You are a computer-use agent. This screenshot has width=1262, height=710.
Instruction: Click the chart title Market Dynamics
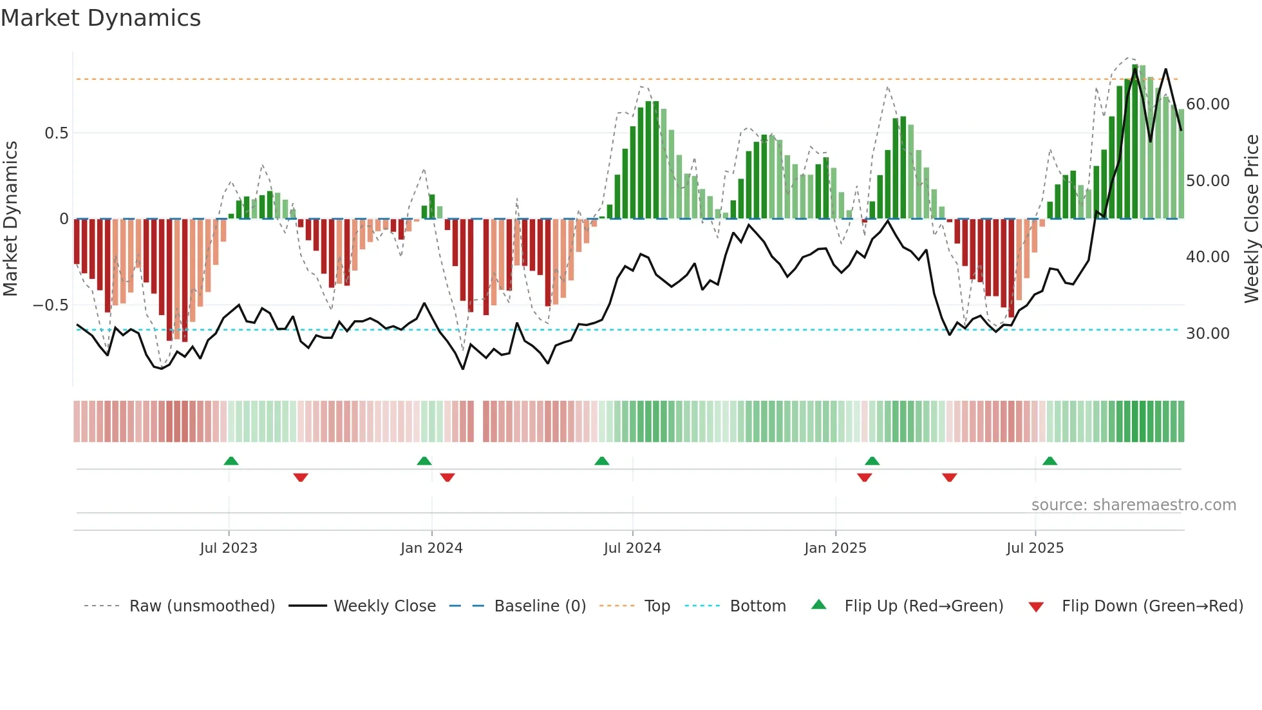click(100, 18)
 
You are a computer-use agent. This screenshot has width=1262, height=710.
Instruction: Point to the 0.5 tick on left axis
click(56, 133)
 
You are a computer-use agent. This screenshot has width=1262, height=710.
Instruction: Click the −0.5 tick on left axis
click(50, 305)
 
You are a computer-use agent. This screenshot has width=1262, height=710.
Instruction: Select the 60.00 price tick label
click(1207, 104)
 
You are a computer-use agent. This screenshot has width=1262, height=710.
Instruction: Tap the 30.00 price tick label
click(1207, 334)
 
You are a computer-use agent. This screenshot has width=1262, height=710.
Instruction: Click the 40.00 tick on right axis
click(1207, 257)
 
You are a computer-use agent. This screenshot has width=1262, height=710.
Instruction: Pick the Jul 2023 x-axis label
click(228, 548)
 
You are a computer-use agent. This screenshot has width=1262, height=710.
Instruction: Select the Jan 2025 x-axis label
click(835, 548)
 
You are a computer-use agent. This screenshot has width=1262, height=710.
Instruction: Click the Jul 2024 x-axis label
click(632, 548)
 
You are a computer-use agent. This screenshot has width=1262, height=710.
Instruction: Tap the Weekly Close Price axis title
click(1251, 219)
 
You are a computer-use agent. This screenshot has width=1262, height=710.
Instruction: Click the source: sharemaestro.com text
click(1133, 505)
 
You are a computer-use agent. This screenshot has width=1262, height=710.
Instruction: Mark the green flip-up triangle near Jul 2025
click(1050, 461)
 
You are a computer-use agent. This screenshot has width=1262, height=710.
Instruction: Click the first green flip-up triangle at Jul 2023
click(231, 461)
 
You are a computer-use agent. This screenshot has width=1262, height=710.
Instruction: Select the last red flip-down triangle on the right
click(949, 477)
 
